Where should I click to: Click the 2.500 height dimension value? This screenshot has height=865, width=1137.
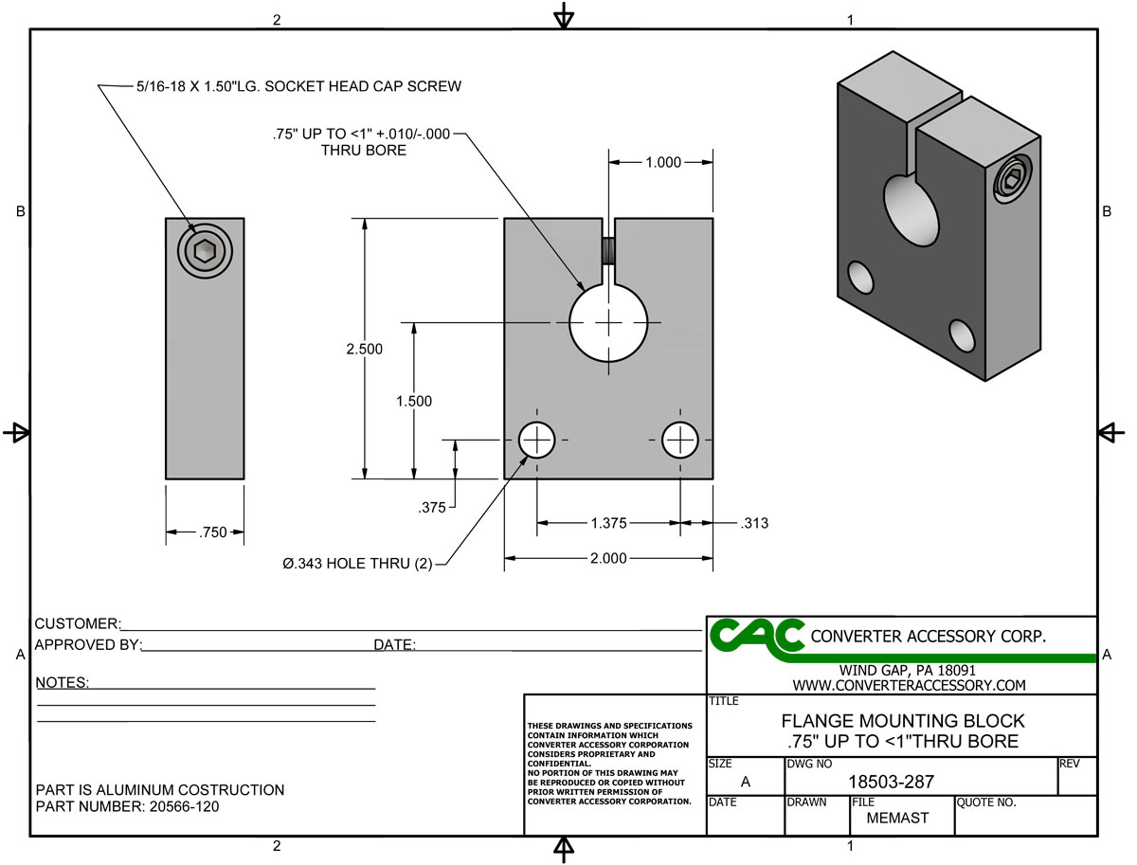click(x=365, y=350)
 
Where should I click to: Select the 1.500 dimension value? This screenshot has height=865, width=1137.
click(x=413, y=401)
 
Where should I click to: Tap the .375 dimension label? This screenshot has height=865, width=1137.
click(x=432, y=508)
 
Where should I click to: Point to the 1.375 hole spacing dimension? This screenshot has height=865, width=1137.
click(x=607, y=522)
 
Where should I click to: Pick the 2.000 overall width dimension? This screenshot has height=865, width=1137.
click(x=608, y=559)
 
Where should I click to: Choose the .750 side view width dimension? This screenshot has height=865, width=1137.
click(x=213, y=532)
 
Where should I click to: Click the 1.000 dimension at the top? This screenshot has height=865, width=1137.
click(x=662, y=163)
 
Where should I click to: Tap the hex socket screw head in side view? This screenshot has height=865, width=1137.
click(x=204, y=251)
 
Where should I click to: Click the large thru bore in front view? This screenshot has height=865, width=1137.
click(x=608, y=323)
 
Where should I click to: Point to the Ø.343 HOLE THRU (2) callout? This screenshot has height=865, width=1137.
click(x=357, y=565)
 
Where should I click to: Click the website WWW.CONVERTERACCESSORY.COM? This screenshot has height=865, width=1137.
click(x=909, y=685)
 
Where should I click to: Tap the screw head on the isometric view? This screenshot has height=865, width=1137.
click(x=1013, y=178)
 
